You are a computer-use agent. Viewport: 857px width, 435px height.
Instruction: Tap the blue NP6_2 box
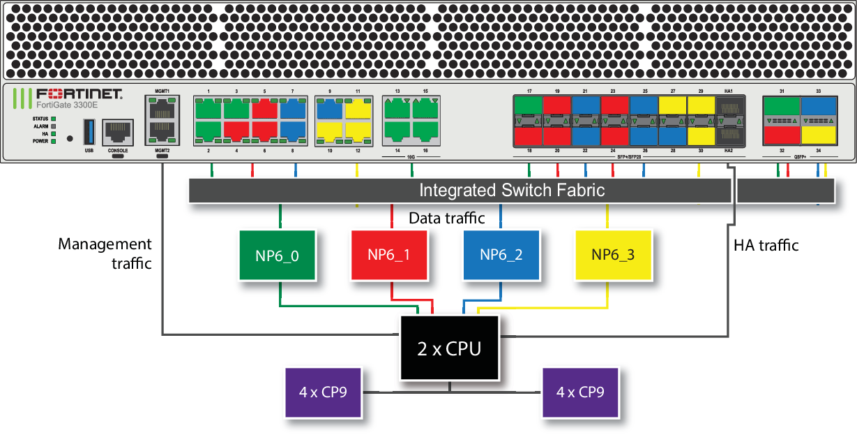point(501,255)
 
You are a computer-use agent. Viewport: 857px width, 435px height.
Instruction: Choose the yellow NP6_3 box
point(613,255)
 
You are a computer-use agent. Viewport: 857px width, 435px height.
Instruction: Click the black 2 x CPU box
point(449,348)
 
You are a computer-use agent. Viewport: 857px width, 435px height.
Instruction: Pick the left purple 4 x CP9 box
point(324,392)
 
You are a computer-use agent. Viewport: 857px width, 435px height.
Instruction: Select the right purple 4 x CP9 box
point(580,392)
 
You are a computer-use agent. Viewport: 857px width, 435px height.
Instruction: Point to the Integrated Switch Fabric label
point(511,191)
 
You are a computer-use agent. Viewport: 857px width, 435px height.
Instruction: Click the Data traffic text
point(446,218)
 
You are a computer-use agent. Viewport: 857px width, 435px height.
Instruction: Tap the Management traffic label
point(105,253)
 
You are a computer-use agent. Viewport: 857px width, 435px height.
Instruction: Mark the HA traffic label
point(766,245)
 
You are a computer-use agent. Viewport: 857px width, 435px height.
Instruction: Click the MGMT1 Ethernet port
point(162,108)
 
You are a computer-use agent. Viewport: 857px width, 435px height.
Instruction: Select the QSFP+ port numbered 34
point(818,135)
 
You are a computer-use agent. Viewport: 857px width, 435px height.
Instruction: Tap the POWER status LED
point(53,140)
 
